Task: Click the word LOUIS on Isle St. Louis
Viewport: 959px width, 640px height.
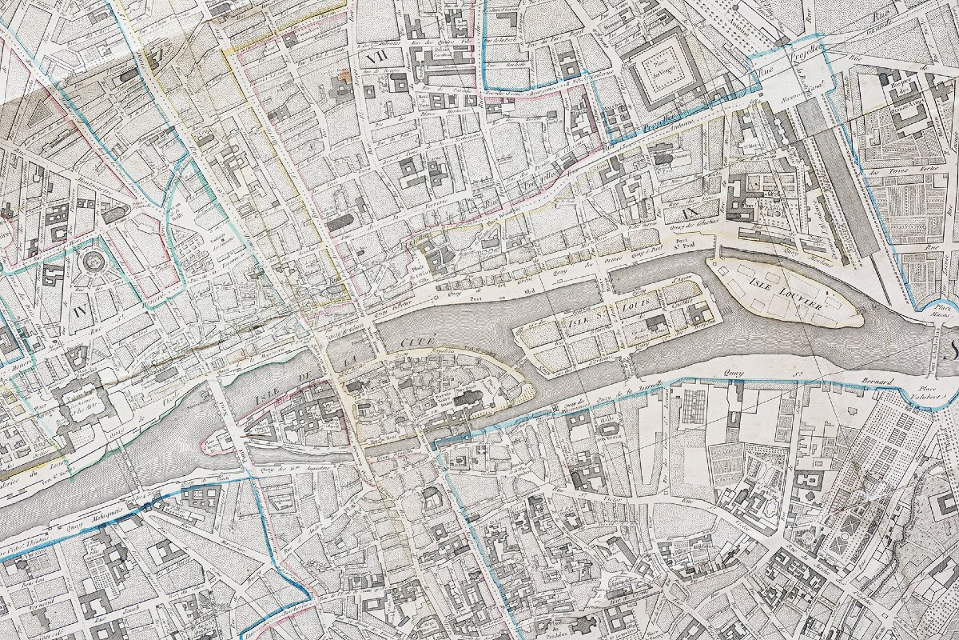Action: pos(635,306)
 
